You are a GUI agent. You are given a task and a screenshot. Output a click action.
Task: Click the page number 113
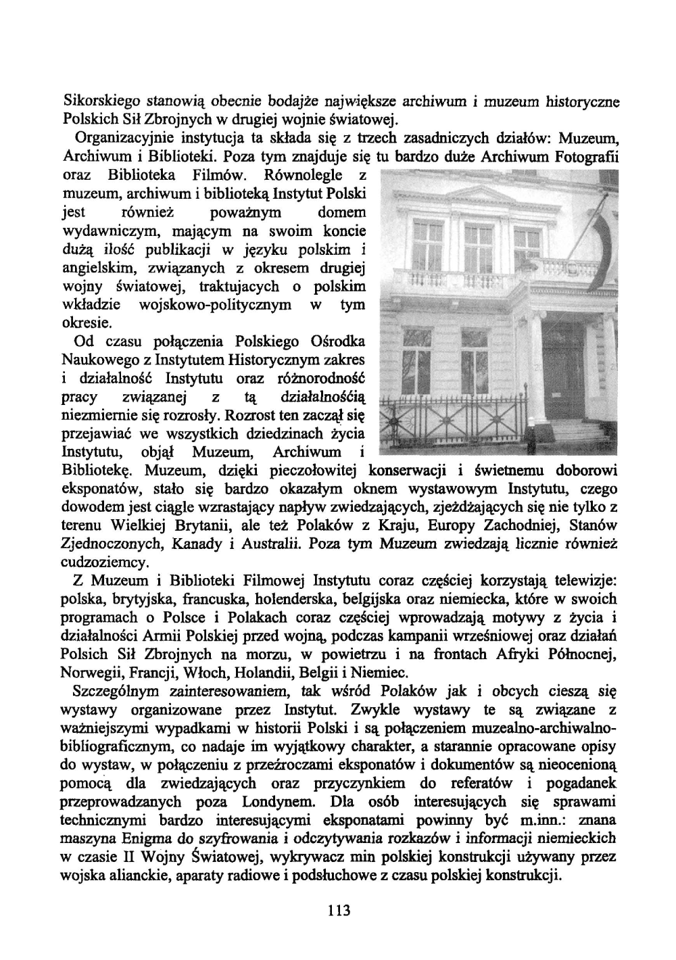(x=338, y=910)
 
